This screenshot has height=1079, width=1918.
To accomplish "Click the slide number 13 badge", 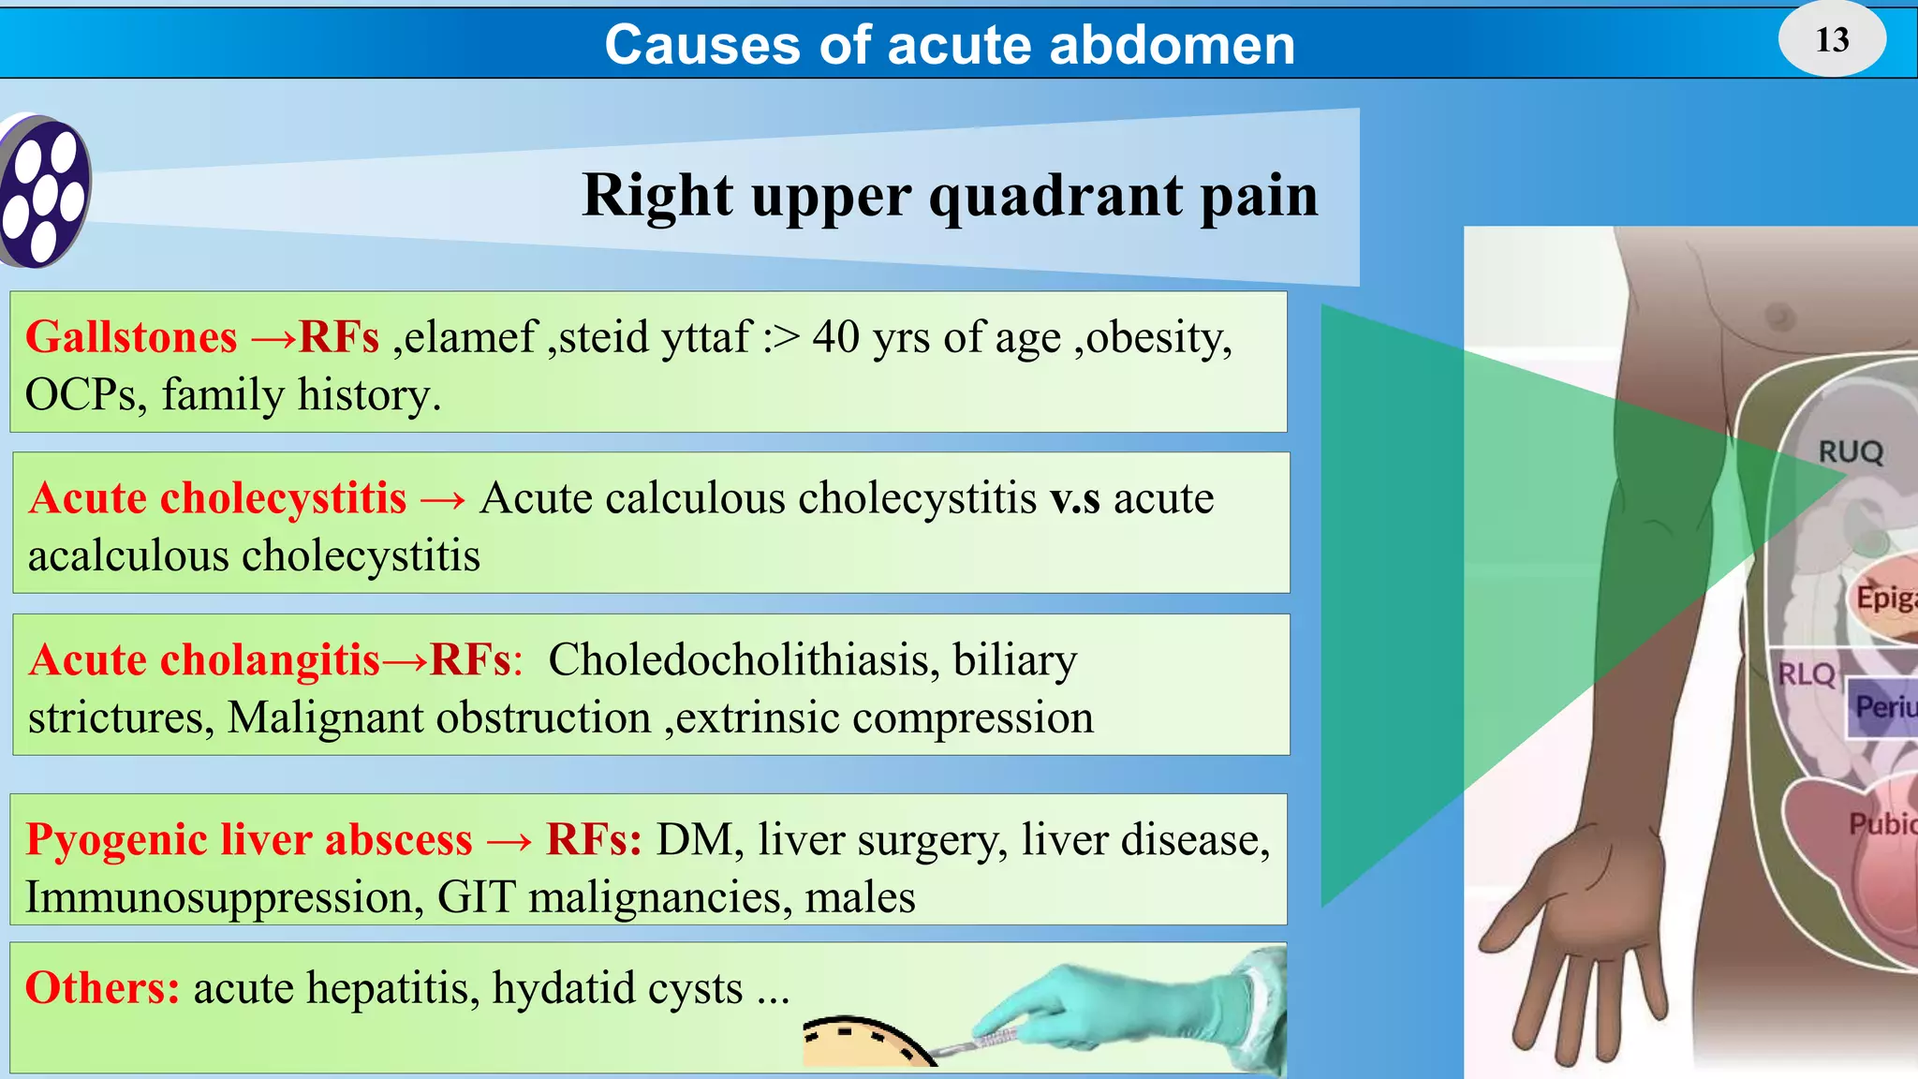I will (x=1832, y=39).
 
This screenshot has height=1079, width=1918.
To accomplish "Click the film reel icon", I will (x=43, y=191).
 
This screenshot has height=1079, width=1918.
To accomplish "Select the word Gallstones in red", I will (x=131, y=337).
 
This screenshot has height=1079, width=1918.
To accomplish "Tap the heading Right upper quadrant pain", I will (x=950, y=196).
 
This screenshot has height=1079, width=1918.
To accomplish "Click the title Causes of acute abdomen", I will (x=950, y=44).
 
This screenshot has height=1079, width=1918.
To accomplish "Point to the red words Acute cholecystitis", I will (x=217, y=498).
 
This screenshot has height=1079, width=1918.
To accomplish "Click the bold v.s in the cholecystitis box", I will (x=1074, y=498).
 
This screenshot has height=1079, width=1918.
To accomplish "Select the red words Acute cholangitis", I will (x=204, y=660).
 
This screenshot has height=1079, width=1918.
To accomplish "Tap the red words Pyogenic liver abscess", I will (x=249, y=840).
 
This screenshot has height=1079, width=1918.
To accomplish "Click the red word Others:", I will (x=102, y=988).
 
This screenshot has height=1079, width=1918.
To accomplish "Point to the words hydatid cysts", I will (x=618, y=988).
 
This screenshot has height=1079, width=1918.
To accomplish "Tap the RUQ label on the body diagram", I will (x=1850, y=452).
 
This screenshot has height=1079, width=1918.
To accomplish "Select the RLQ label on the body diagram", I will (x=1806, y=674).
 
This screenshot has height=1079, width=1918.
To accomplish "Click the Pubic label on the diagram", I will (x=1881, y=824).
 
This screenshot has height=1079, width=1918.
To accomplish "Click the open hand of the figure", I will (x=1573, y=937).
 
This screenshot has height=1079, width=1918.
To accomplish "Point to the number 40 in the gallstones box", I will (x=835, y=337).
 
